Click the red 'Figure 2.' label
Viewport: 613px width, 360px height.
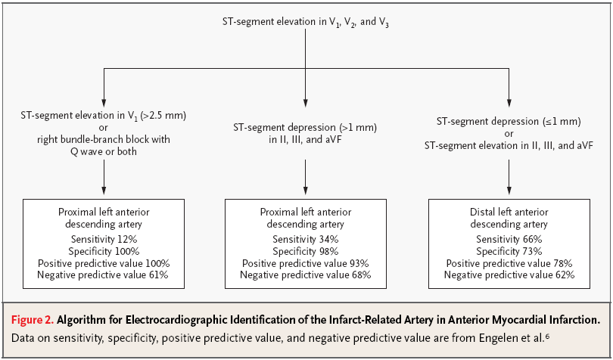[x=33, y=320]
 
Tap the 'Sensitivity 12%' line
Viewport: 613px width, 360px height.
[x=104, y=239]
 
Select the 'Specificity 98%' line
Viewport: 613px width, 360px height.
[x=306, y=251]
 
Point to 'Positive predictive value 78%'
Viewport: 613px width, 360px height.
[x=509, y=263]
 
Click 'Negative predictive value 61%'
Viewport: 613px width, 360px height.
[x=103, y=275]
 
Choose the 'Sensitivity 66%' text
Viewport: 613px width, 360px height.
[x=509, y=239]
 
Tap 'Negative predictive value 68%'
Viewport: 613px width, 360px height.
[x=305, y=275]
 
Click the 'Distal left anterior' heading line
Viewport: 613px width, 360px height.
[x=509, y=213]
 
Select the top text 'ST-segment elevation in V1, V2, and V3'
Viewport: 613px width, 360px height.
[x=306, y=22]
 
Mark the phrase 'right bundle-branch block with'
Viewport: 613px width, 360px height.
[x=104, y=140]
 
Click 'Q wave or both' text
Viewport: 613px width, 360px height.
[x=104, y=151]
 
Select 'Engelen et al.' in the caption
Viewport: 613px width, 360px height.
[x=511, y=338]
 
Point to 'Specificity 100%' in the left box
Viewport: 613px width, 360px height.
[x=104, y=251]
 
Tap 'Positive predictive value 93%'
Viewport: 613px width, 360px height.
[x=305, y=263]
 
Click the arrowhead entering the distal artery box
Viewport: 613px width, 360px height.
[x=509, y=191]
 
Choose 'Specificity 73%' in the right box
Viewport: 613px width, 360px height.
[x=509, y=251]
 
